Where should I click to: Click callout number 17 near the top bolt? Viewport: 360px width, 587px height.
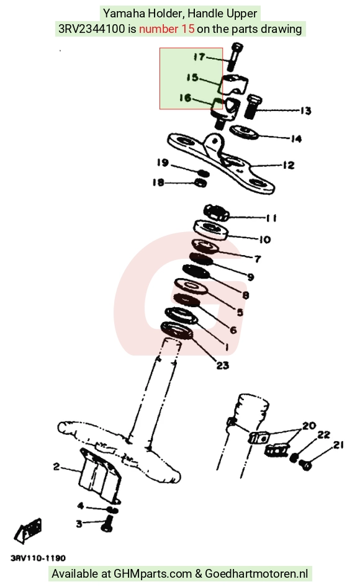click(199, 57)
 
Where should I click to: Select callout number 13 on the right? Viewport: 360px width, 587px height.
click(305, 110)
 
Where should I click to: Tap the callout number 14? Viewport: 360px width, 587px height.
click(296, 139)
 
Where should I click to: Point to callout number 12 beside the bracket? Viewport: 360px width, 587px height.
click(289, 165)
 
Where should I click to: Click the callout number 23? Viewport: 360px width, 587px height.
click(223, 365)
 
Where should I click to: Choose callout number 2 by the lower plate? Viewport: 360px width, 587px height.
click(56, 467)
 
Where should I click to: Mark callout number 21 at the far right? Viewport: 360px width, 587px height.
click(338, 445)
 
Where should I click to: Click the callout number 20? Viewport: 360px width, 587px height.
click(310, 426)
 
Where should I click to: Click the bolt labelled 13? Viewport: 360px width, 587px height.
click(253, 105)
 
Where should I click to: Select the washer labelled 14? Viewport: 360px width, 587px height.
click(244, 132)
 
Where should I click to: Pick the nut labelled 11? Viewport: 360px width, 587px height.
click(216, 212)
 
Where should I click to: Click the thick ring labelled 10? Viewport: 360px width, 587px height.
click(211, 229)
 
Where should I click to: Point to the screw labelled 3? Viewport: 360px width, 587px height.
click(107, 522)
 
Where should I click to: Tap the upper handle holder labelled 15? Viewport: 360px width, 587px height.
click(235, 85)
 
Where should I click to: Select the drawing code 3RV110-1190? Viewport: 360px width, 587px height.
click(38, 558)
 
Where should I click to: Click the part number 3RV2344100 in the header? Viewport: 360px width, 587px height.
click(92, 29)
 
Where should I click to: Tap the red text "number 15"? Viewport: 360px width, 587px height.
click(167, 29)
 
